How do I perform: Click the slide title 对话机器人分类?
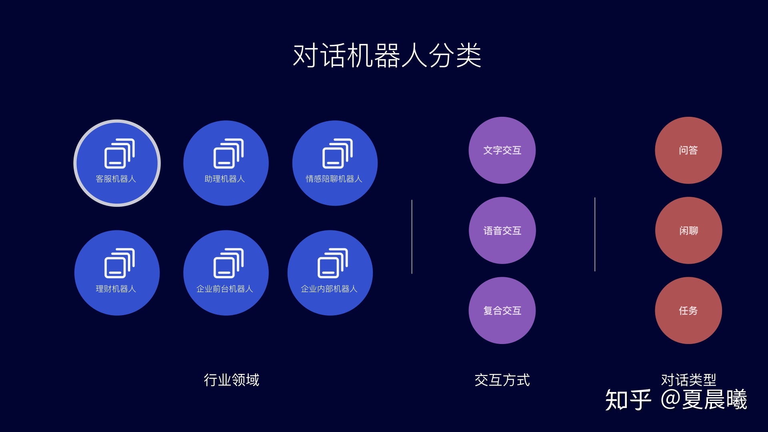(x=387, y=55)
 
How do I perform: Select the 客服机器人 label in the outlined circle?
(x=116, y=179)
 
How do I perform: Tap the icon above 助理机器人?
(x=228, y=154)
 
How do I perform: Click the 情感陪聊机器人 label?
(x=334, y=179)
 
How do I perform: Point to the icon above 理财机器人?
(x=119, y=263)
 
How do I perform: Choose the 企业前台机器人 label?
(x=225, y=289)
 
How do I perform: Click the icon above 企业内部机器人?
(x=332, y=263)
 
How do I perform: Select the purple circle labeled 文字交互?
(x=502, y=150)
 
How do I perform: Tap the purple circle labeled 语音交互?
(x=502, y=230)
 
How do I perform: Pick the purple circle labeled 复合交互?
(x=502, y=310)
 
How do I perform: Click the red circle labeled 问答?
(x=688, y=150)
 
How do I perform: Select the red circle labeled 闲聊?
(x=688, y=230)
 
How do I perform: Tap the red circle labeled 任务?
(x=688, y=310)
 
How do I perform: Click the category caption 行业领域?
(x=232, y=380)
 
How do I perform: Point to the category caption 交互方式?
(x=502, y=380)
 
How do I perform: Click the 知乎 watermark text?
(x=628, y=400)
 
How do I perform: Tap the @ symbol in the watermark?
(x=670, y=399)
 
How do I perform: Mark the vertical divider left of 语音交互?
(x=412, y=237)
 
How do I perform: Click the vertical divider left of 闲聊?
(x=595, y=234)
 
